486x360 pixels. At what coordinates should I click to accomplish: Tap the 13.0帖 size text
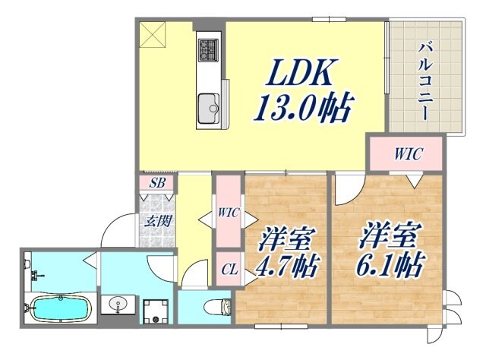pos(302,109)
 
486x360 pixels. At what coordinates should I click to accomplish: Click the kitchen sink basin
pos(207,106)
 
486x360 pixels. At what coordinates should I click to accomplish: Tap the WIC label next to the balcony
pos(407,153)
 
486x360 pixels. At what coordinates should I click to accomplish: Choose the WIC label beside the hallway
pos(229,213)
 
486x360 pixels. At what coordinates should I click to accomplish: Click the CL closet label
pos(229,268)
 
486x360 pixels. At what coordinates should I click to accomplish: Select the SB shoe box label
pos(156,183)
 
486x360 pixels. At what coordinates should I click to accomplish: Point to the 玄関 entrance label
pos(156,221)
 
